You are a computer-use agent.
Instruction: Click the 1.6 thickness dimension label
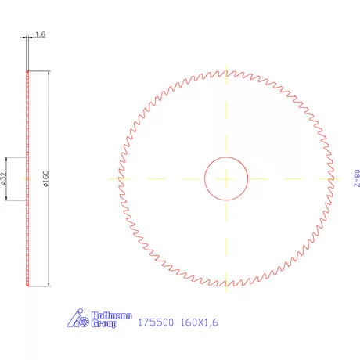pos(41,35)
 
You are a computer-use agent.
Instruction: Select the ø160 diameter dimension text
pos(47,178)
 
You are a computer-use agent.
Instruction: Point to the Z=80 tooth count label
pos(357,178)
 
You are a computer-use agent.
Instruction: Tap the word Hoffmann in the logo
pos(99,315)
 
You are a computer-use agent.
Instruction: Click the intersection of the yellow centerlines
pos(225,178)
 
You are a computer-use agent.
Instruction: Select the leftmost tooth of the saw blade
pos(119,178)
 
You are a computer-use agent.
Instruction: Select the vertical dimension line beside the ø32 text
pos(9,178)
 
